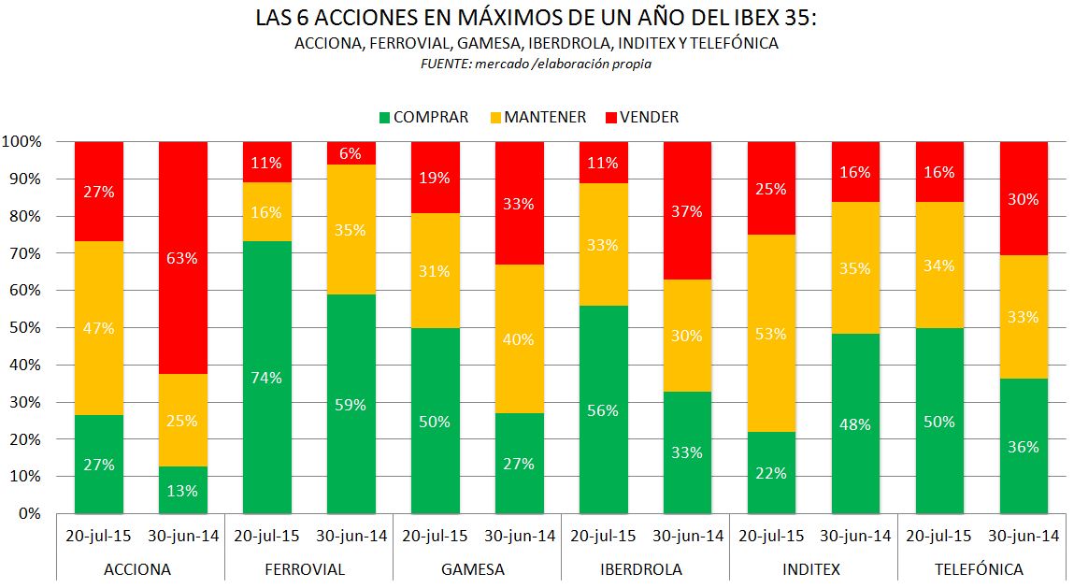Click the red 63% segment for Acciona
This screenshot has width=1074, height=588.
pyautogui.click(x=183, y=258)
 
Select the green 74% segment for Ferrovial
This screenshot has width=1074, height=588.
pyautogui.click(x=267, y=378)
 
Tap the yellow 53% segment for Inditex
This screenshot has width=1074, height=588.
pyautogui.click(x=772, y=333)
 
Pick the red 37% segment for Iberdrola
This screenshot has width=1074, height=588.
pyautogui.click(x=688, y=211)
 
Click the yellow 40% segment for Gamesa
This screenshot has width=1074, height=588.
pyautogui.click(x=520, y=338)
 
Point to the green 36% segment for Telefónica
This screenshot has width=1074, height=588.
pyautogui.click(x=1024, y=446)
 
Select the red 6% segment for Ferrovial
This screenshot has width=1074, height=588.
pyautogui.click(x=351, y=153)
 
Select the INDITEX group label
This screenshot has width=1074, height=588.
pyautogui.click(x=813, y=568)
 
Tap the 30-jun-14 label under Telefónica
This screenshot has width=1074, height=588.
pyautogui.click(x=1024, y=537)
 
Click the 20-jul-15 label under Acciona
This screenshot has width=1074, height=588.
pyautogui.click(x=99, y=537)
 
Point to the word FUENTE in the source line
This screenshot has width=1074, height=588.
pyautogui.click(x=447, y=65)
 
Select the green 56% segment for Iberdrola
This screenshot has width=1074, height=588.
pyautogui.click(x=604, y=409)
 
